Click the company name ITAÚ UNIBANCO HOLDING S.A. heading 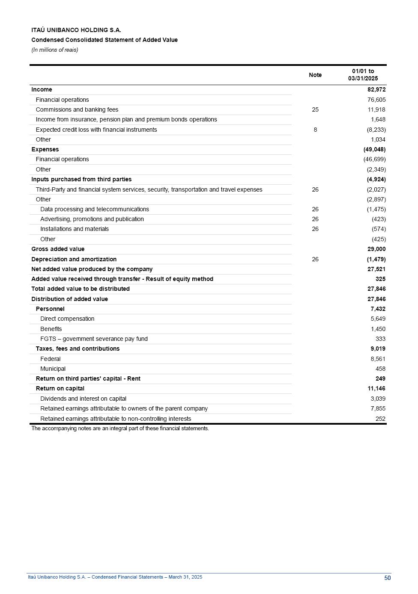[x=76, y=30]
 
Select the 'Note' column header [x=315, y=75]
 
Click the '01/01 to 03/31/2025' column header [x=363, y=75]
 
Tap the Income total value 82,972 [x=376, y=90]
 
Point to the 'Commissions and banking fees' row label [x=77, y=109]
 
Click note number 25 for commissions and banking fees [x=315, y=109]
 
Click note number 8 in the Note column [x=315, y=130]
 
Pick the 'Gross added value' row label [x=58, y=249]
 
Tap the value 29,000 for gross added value [x=376, y=249]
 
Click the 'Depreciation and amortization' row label [x=74, y=259]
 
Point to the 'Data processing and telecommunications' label [x=95, y=209]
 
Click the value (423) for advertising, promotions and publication [x=379, y=219]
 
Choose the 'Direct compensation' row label [x=67, y=319]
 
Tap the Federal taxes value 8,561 [x=378, y=359]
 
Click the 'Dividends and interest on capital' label [x=83, y=399]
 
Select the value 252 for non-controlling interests [x=380, y=419]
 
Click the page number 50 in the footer [x=387, y=578]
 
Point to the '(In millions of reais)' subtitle [x=55, y=50]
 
